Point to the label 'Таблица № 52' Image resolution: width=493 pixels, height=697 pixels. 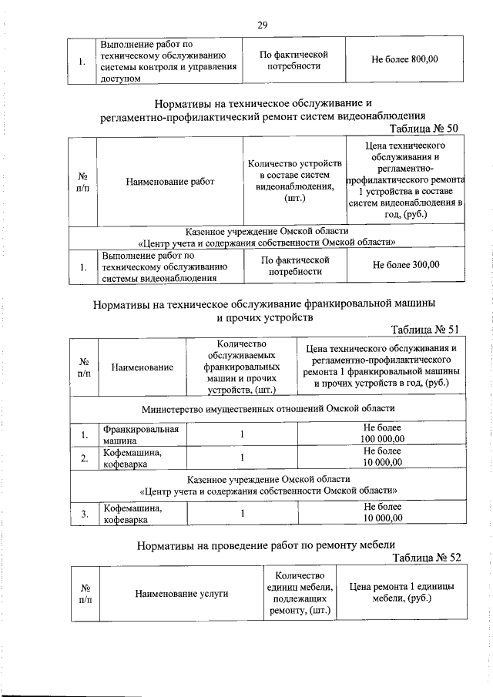pos(426,557)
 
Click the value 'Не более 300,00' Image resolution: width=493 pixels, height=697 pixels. pos(405,265)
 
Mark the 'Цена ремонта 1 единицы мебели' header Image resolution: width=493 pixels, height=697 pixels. pos(401,592)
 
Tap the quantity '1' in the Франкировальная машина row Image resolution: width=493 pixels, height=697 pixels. pos(241,434)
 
